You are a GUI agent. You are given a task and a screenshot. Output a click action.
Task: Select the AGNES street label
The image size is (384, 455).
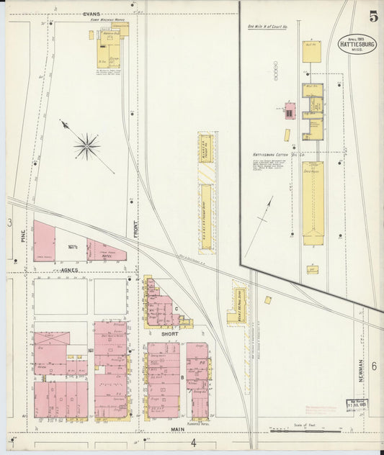click(68, 269)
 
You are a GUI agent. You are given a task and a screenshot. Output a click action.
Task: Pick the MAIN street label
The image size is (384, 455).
click(177, 430)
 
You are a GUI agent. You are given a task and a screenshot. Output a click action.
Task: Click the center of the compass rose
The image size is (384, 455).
click(86, 146)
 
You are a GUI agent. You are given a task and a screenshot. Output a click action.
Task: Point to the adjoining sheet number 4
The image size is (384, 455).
click(192, 442)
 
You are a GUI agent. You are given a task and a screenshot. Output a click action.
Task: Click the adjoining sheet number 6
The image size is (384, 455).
click(374, 366)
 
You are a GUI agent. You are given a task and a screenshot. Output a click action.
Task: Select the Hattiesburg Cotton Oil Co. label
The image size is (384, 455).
click(279, 154)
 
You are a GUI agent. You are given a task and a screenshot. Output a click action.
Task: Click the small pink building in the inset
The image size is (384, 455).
click(290, 111)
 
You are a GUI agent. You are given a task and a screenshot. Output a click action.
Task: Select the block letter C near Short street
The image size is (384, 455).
click(177, 307)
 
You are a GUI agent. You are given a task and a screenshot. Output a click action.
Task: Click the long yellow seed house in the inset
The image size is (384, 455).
click(313, 203)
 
